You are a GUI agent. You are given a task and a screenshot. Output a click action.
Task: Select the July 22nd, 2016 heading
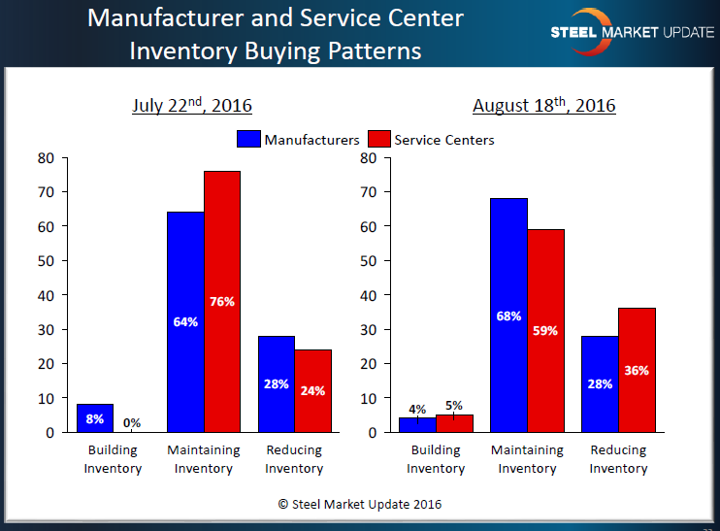tap(192, 105)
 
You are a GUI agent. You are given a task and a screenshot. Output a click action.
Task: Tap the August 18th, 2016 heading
tap(543, 105)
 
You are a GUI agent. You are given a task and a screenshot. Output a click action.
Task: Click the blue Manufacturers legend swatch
tap(247, 140)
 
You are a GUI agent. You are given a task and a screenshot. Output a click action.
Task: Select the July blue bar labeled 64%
tap(185, 321)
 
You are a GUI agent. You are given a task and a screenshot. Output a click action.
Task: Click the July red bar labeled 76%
tap(222, 301)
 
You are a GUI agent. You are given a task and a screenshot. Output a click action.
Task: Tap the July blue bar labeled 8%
tap(95, 418)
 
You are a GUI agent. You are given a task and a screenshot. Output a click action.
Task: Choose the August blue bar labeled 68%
tap(508, 315)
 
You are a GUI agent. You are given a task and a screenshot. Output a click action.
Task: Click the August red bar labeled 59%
tap(545, 330)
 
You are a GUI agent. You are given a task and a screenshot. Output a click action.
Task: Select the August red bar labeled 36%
tap(637, 370)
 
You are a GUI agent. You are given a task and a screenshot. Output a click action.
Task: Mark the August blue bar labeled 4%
tap(417, 425)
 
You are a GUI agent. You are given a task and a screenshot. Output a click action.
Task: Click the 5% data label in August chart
tap(454, 406)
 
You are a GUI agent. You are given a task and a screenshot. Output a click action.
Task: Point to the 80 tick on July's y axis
tap(46, 158)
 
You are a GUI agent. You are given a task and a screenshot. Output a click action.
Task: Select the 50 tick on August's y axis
tap(368, 261)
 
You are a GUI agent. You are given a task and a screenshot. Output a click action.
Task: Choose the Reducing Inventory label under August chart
tap(618, 459)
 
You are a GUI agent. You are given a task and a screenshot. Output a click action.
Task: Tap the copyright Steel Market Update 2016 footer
tap(360, 504)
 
